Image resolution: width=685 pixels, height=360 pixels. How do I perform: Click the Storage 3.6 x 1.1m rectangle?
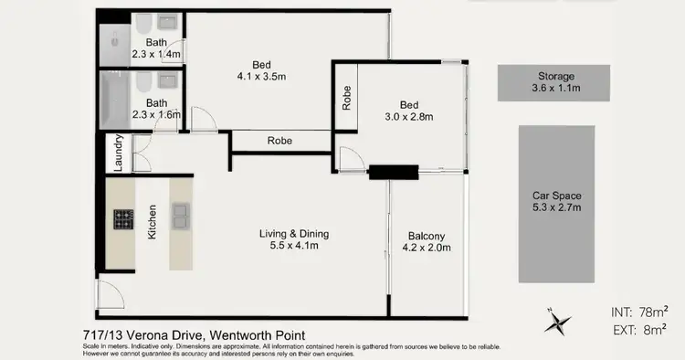pyautogui.click(x=555, y=82)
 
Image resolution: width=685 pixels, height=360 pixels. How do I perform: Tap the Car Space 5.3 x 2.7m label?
pyautogui.click(x=556, y=202)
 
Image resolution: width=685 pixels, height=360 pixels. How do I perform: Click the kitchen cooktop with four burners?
pyautogui.click(x=123, y=218)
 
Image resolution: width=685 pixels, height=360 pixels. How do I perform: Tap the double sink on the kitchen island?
pyautogui.click(x=181, y=217)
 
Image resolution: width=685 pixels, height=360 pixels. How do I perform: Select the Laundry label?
pyautogui.click(x=119, y=153)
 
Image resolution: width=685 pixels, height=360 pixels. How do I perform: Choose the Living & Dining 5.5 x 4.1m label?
pyautogui.click(x=293, y=239)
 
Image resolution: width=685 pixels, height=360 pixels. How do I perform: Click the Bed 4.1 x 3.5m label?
pyautogui.click(x=261, y=70)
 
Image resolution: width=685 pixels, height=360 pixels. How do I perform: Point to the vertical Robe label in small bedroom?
pyautogui.click(x=346, y=99)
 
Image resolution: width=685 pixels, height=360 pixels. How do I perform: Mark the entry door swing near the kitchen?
pyautogui.click(x=110, y=294)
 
